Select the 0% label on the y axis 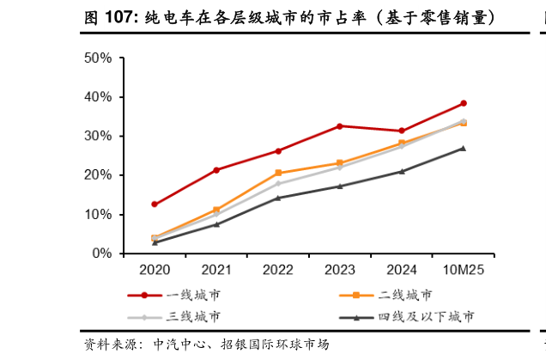point(103,253)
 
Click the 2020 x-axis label point(155,270)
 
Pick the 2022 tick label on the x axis point(277,270)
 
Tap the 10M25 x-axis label point(463,270)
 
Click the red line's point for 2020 point(155,204)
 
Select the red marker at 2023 point(339,126)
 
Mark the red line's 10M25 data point point(463,103)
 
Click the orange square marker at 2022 point(277,173)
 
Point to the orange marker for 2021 point(216,210)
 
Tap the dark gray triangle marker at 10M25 point(463,148)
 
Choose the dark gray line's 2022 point point(277,198)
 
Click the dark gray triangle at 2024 point(401,171)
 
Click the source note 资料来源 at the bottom point(206,345)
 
